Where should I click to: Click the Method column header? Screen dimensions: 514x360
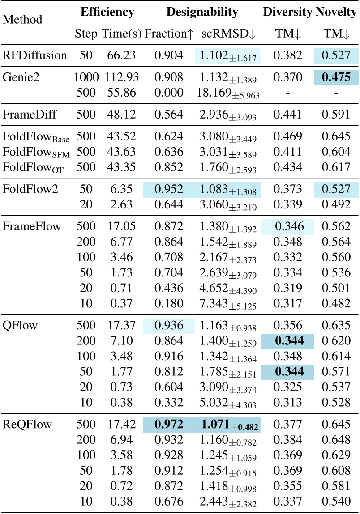23,20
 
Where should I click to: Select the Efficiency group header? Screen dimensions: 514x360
107,12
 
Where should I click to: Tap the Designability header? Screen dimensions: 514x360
202,12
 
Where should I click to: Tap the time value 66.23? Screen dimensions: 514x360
121,56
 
